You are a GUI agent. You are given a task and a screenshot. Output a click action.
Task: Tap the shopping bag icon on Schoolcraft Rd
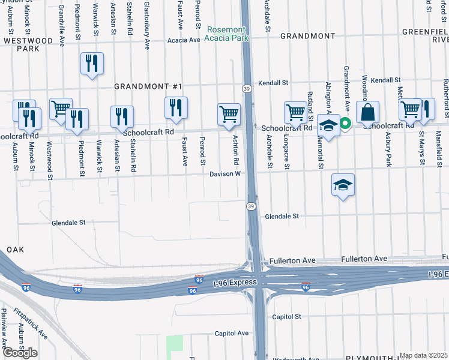click(x=367, y=112)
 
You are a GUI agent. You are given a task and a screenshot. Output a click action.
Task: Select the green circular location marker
click(x=345, y=124)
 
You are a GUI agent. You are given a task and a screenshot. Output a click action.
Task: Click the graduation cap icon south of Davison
click(x=342, y=185)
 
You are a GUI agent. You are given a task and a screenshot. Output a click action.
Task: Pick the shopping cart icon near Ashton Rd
click(x=229, y=113)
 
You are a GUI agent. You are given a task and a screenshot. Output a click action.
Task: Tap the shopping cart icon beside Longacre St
click(x=295, y=112)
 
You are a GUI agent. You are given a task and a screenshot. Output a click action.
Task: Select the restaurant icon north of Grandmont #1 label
click(x=92, y=63)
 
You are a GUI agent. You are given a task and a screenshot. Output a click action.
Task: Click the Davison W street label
click(x=225, y=174)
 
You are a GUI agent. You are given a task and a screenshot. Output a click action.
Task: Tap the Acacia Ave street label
click(x=184, y=40)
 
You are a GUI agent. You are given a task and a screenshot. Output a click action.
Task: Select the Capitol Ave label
click(x=232, y=334)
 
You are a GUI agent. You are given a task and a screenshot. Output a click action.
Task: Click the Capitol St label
click(x=286, y=316)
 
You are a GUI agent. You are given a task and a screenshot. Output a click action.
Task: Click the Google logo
click(x=19, y=352)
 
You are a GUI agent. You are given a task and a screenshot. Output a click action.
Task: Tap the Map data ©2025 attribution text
click(x=423, y=355)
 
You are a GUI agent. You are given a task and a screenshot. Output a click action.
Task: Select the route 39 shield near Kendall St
click(x=246, y=88)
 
